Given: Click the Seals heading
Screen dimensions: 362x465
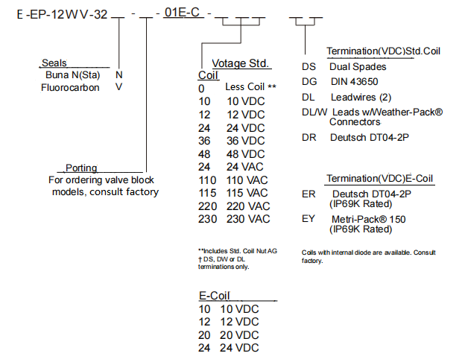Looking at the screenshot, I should [x=54, y=63].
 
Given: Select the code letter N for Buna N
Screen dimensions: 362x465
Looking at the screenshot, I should [x=119, y=74].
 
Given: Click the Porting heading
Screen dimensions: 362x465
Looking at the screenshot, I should [x=81, y=168].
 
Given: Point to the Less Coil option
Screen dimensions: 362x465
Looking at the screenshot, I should [x=250, y=87].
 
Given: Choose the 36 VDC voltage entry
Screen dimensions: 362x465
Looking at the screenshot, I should [x=246, y=141].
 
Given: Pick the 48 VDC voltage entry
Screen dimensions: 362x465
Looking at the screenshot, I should [x=246, y=154].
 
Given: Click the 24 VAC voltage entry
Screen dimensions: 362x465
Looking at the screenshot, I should [x=246, y=167].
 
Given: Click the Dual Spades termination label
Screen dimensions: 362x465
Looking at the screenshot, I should [x=358, y=66].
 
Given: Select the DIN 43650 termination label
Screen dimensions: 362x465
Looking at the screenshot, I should [x=355, y=82].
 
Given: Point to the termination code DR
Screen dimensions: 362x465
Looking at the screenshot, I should [x=309, y=137].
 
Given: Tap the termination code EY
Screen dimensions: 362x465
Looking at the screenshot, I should [x=309, y=219].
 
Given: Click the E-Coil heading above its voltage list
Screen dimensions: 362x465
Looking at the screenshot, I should [x=214, y=295].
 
